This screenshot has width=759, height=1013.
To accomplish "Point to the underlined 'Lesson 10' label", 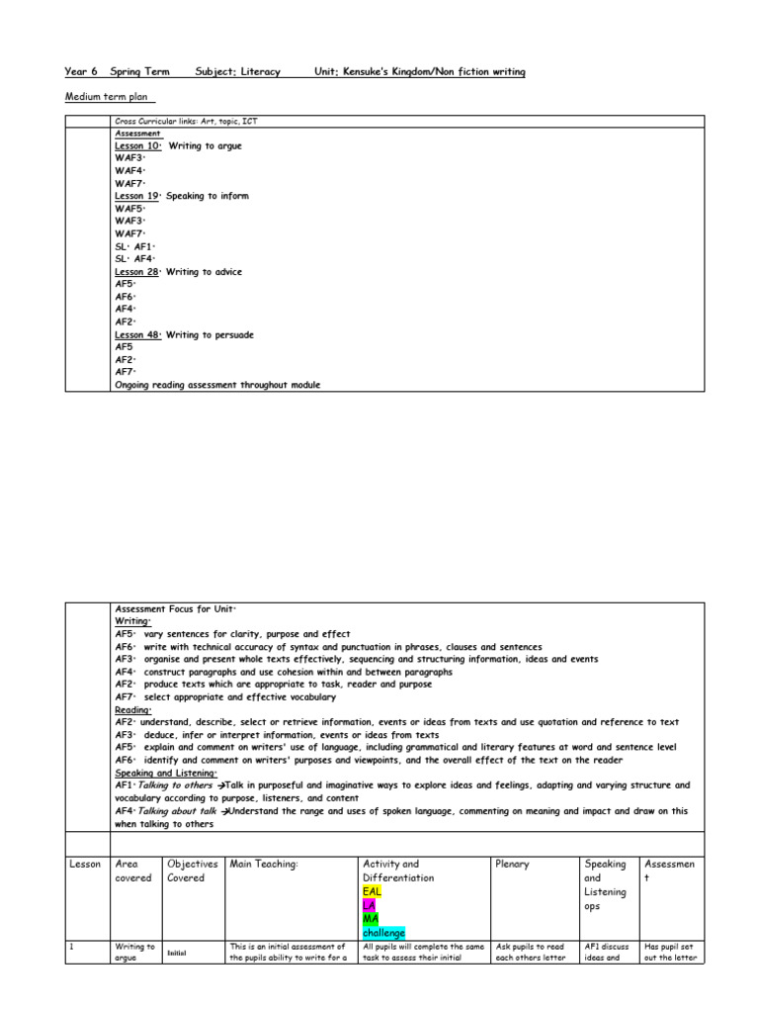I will click(137, 145).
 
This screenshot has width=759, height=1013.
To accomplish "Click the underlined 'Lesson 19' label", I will click(137, 196).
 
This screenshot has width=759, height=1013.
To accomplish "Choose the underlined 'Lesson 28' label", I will click(137, 272).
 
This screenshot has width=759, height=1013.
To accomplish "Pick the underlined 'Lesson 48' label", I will click(137, 335).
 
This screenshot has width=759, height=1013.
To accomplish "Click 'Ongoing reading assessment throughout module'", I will click(217, 386).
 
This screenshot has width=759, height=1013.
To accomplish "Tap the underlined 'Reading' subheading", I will click(132, 709).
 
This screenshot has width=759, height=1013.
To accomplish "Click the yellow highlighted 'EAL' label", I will click(373, 891).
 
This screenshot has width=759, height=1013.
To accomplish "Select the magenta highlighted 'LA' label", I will click(370, 905).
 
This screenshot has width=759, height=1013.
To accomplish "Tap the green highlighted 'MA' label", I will click(372, 919).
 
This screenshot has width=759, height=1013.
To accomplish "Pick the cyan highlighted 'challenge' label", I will click(383, 933).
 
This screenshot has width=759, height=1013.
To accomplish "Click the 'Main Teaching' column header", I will click(264, 864).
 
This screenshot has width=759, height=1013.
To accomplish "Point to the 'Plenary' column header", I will click(512, 864).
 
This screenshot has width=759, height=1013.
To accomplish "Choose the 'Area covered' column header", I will click(133, 871).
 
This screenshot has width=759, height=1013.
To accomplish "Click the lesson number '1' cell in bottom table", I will click(71, 947).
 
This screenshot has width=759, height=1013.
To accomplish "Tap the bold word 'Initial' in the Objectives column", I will click(177, 953).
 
